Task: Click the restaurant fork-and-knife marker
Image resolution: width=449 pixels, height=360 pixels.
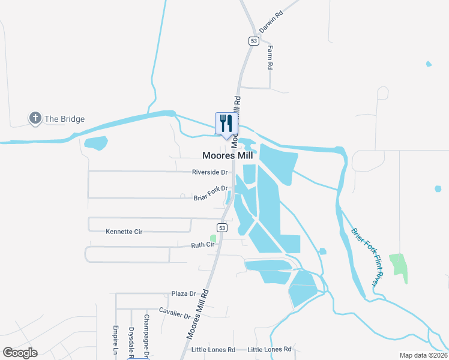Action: [226, 124]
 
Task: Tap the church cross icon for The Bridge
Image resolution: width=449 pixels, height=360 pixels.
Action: [35, 118]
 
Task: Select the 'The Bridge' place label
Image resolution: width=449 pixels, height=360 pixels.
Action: [64, 119]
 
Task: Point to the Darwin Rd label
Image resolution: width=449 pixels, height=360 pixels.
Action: [270, 21]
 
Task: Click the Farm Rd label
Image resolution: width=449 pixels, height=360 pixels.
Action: [271, 57]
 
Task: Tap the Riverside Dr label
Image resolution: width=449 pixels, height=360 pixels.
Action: [209, 172]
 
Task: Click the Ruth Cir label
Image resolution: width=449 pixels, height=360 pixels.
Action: [202, 245]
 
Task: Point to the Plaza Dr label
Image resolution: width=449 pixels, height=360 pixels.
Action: [184, 294]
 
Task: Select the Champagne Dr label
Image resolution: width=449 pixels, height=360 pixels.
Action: [146, 336]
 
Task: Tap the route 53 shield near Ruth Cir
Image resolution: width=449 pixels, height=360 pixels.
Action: [222, 228]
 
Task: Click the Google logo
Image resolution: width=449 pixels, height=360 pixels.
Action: [20, 353]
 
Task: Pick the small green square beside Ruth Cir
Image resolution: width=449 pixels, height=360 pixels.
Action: [212, 238]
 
